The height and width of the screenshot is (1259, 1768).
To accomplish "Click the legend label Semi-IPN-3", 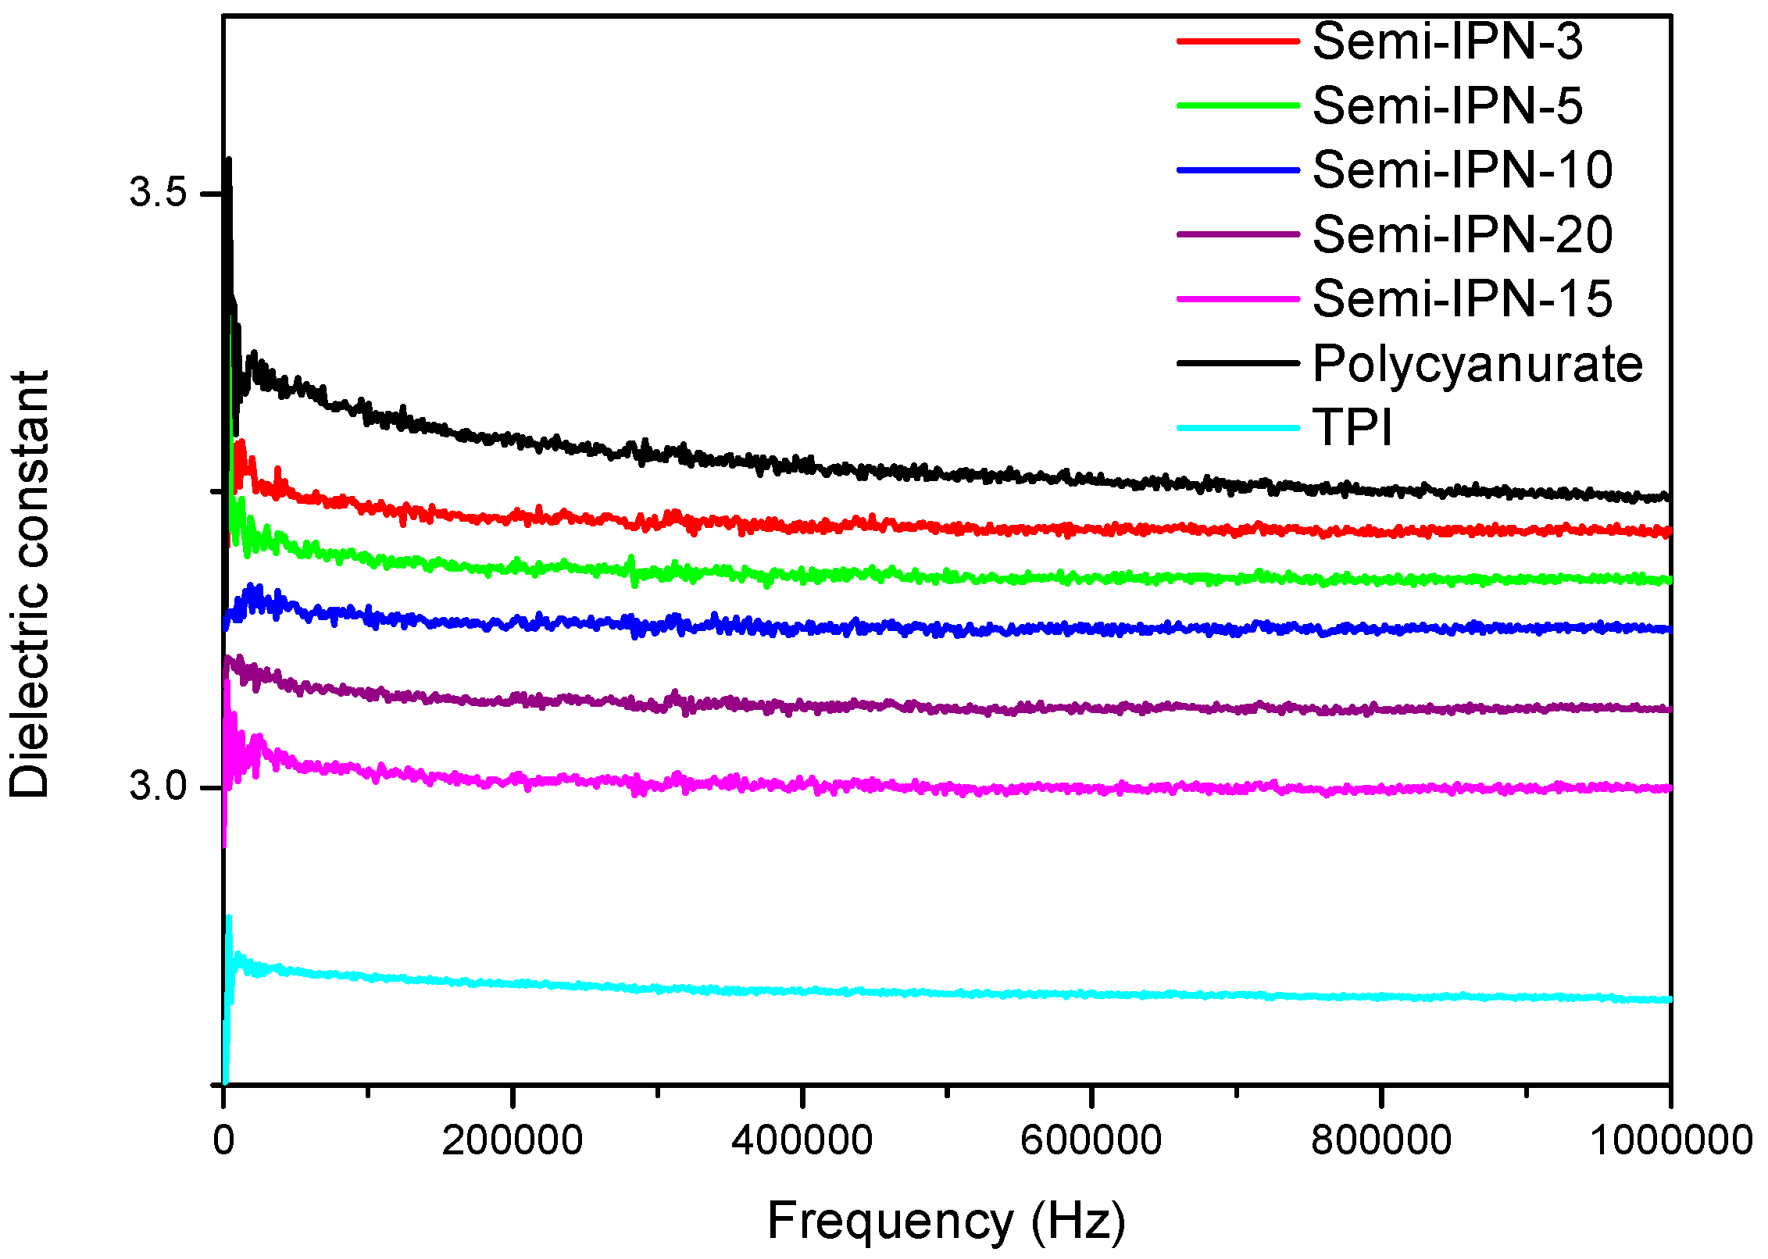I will click(x=1447, y=41).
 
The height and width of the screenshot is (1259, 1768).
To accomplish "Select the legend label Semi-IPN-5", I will click(x=1447, y=106).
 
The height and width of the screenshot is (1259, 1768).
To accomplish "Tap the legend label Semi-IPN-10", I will click(x=1462, y=170).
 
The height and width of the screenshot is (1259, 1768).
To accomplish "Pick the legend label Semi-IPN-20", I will click(x=1462, y=234).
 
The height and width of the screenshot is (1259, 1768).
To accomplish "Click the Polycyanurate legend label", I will click(x=1477, y=364).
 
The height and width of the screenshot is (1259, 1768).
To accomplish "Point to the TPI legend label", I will click(x=1352, y=428).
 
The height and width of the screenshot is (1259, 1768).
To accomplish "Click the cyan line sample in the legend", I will click(x=1238, y=428).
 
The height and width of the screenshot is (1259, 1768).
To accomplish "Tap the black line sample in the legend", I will click(x=1238, y=363).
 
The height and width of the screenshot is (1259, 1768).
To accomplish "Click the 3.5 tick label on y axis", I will click(x=159, y=192).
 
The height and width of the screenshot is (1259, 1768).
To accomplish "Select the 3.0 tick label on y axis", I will click(x=159, y=786).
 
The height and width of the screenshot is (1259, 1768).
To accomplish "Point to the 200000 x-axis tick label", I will click(x=512, y=1141).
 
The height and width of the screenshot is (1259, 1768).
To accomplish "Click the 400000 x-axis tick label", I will click(x=802, y=1141).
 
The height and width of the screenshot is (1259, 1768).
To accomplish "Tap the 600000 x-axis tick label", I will click(x=1091, y=1141).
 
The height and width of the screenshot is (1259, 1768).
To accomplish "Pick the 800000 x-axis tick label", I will click(x=1380, y=1141).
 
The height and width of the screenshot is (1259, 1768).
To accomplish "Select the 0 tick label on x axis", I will click(x=223, y=1141).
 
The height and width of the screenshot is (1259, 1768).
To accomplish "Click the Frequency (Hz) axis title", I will click(x=946, y=1222).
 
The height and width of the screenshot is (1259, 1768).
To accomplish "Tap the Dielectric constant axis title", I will click(x=30, y=584).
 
